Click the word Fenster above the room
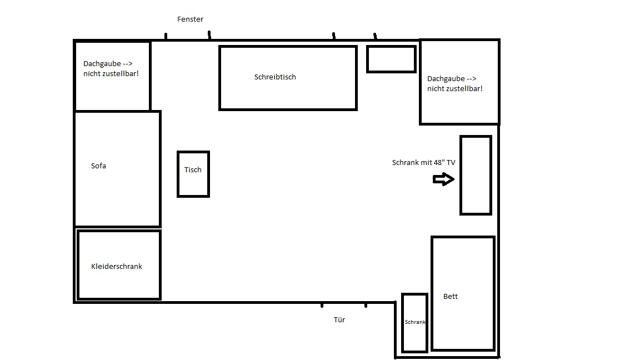coord(190,19)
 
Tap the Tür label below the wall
coord(339,319)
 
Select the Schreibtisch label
coord(275,77)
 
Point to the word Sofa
coord(98,166)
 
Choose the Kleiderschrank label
coord(117,266)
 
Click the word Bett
coord(451,296)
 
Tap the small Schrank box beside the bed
coord(402,322)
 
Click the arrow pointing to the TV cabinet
coord(444,179)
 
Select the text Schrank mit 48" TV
coord(424,162)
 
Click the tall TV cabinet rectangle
coord(461,175)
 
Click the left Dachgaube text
coord(111,68)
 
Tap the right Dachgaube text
coord(454,83)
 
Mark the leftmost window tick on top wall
coord(166,36)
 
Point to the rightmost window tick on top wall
coord(375,36)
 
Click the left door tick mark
coord(322,305)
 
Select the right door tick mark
coord(366,305)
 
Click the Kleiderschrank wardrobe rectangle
coord(78,266)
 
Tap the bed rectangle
coord(432,293)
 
